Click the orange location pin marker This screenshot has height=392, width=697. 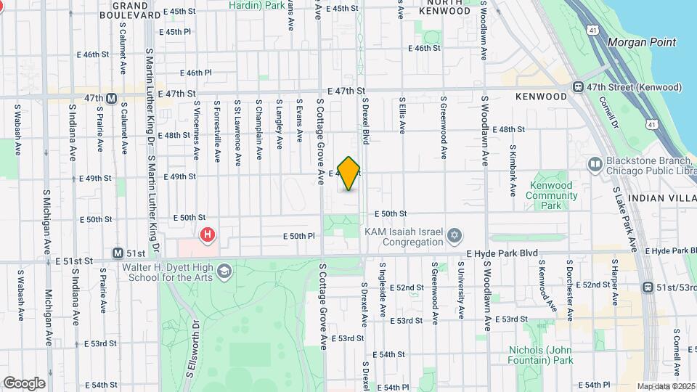pos(349,173)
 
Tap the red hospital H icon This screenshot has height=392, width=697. pos(208,234)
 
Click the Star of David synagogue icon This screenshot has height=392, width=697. pos(455,235)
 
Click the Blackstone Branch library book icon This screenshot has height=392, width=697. pos(594,164)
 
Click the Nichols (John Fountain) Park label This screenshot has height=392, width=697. pos(541,354)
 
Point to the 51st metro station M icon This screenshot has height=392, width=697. pos(118,253)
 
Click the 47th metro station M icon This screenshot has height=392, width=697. pos(112,98)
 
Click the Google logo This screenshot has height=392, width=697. pos(24,383)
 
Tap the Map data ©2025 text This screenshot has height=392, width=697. pos(666,386)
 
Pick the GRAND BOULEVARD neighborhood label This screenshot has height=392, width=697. pos(136,9)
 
